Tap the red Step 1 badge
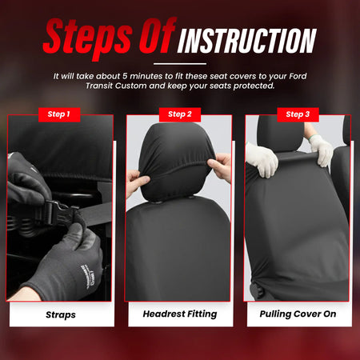[58, 114]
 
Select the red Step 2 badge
[179, 114]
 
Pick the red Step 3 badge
[298, 114]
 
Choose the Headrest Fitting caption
[179, 314]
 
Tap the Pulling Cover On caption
[298, 314]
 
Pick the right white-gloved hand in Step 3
[322, 147]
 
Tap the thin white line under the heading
[179, 63]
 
